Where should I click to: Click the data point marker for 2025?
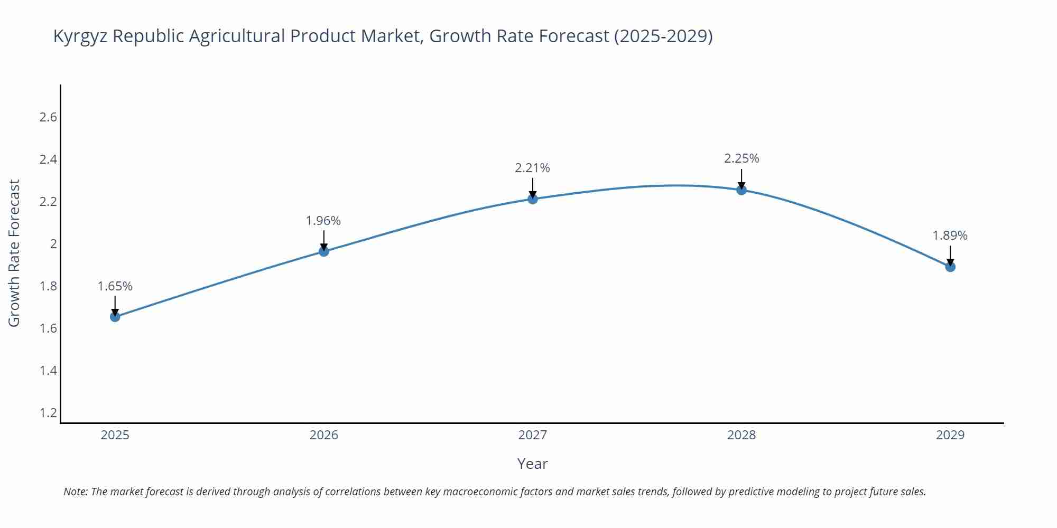tap(115, 317)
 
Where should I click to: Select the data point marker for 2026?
tap(323, 251)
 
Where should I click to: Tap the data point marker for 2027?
tap(532, 199)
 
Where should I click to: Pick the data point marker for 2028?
tap(741, 190)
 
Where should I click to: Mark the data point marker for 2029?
tap(950, 267)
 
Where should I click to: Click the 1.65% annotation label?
tap(115, 286)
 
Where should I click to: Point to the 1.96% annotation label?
tap(323, 221)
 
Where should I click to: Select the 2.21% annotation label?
tap(532, 168)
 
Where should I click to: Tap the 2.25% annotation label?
tap(741, 158)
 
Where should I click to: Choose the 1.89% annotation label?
tap(950, 235)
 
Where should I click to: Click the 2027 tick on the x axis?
tap(532, 435)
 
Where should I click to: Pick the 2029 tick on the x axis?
tap(950, 435)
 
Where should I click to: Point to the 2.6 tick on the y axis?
tap(48, 117)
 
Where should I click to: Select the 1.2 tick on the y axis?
tap(48, 413)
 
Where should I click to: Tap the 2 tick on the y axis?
tap(53, 244)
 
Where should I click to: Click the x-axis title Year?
tap(532, 464)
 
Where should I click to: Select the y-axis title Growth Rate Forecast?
tap(14, 253)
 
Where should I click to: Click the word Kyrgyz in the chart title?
tap(80, 36)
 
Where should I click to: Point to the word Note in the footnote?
tap(75, 492)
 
